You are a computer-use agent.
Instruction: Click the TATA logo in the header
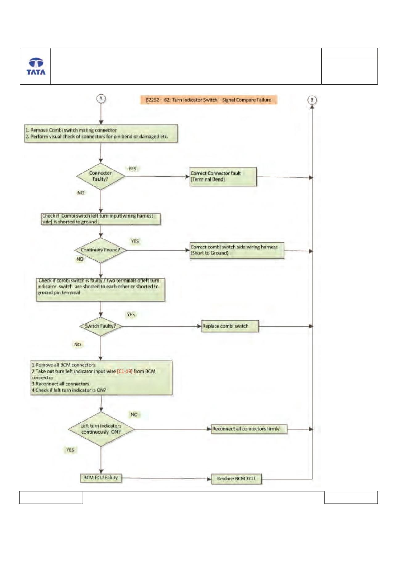36,66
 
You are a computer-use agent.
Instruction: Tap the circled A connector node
101,99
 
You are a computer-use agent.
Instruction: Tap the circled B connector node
312,100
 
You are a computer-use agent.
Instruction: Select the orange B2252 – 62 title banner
209,100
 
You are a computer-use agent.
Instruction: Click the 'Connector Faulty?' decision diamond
100,176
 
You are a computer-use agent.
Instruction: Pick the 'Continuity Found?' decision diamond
100,250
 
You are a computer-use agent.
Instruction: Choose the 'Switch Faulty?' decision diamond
100,326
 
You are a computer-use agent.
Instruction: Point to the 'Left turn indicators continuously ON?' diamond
101,429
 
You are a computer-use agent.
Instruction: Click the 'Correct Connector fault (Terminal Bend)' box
223,177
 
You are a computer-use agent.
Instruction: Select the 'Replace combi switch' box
230,326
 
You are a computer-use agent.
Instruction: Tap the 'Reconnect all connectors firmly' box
249,429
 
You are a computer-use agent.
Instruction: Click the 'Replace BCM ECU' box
236,479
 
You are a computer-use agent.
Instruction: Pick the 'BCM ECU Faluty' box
101,478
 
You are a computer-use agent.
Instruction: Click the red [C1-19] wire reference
125,371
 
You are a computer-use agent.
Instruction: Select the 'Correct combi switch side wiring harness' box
237,250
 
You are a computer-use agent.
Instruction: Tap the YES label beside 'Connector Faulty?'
132,169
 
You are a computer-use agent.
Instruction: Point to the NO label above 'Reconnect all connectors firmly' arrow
134,414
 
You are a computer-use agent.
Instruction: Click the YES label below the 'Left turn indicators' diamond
70,450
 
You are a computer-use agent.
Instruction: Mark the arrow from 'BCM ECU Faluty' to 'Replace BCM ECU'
166,479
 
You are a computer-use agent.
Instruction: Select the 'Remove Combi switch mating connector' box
101,133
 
